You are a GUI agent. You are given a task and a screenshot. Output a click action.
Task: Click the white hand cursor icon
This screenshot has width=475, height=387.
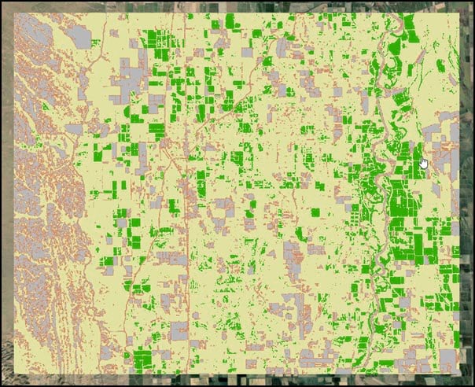pos(424,163)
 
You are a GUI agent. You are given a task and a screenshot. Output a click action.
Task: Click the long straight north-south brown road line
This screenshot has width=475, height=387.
pos(188,197)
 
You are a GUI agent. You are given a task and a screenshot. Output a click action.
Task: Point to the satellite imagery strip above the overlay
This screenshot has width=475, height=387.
pos(236,6)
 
